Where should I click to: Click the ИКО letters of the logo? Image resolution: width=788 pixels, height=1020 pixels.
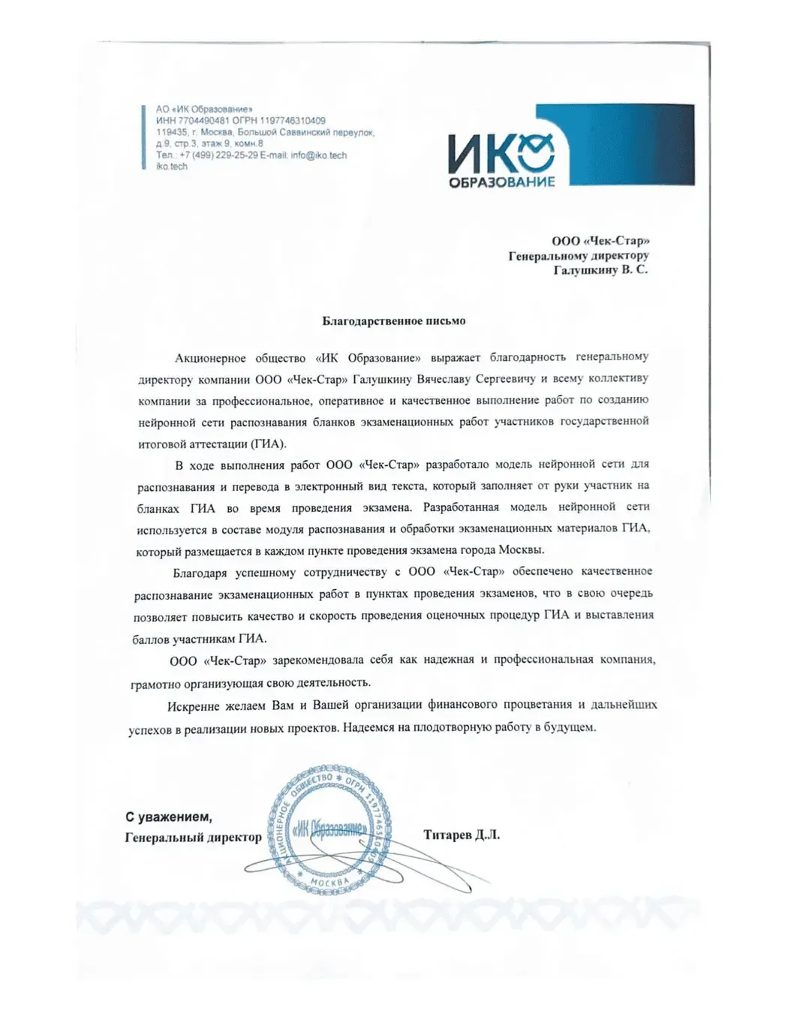(501, 153)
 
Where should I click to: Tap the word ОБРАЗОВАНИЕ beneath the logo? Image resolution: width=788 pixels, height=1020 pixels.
(501, 182)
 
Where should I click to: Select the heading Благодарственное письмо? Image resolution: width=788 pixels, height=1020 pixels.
(394, 321)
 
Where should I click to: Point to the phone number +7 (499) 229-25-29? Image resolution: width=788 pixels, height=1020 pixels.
(219, 155)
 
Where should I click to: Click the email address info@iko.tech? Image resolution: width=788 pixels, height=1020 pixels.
(319, 155)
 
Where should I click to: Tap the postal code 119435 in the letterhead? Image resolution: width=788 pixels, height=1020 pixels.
(172, 132)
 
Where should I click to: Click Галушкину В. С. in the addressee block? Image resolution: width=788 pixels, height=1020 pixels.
(600, 270)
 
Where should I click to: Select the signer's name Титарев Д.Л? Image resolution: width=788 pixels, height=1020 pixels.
(461, 835)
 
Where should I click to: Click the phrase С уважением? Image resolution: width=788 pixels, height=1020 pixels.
(169, 817)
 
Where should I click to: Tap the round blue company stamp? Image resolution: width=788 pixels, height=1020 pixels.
(329, 829)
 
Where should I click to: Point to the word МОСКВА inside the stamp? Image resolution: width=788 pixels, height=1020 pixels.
(330, 883)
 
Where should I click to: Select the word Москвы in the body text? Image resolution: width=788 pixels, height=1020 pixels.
(520, 550)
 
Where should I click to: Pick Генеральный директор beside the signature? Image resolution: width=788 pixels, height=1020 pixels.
(193, 837)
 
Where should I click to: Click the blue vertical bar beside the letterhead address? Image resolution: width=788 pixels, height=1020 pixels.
(143, 138)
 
